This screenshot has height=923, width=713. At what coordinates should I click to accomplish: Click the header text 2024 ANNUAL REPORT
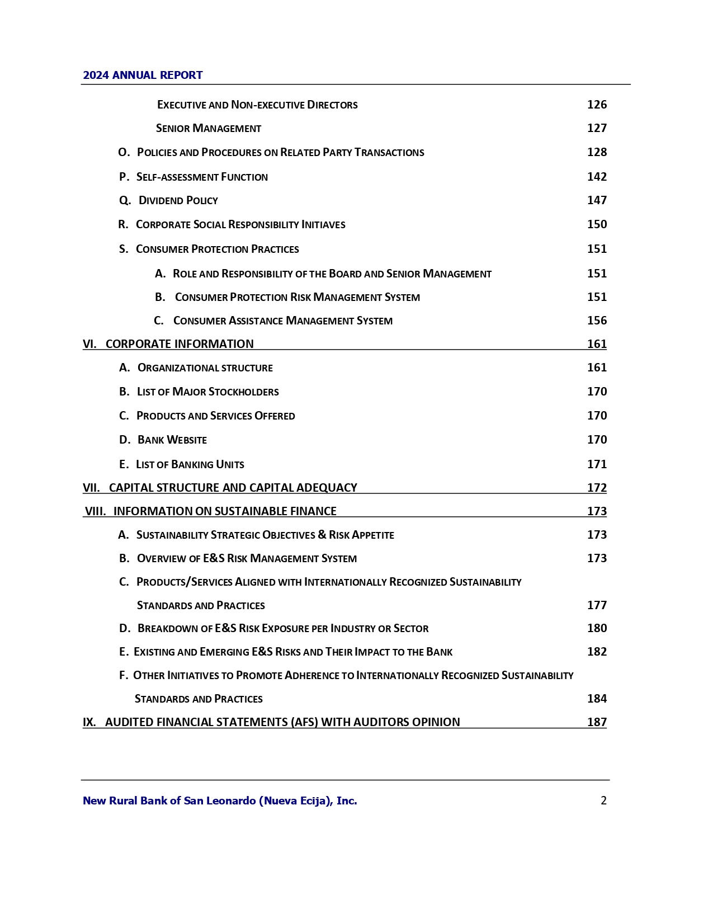143,76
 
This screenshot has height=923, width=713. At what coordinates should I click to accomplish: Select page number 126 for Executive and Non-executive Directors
597,105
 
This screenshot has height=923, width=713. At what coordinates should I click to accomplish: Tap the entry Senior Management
209,129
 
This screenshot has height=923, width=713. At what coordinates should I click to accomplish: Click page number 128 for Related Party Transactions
597,152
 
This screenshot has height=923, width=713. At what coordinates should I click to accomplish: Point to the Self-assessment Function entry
202,177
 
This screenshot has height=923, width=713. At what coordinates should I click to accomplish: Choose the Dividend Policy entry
178,201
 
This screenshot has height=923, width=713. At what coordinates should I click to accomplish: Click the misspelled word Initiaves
323,225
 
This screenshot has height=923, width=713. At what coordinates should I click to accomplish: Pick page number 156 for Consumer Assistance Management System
597,321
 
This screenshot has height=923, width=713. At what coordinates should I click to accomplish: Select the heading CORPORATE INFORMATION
180,344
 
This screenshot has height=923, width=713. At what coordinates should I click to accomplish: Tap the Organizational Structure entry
205,368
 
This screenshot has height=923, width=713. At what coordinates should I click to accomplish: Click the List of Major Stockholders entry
207,392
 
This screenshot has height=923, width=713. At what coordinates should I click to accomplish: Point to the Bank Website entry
172,440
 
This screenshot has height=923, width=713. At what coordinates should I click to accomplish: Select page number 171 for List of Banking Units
597,464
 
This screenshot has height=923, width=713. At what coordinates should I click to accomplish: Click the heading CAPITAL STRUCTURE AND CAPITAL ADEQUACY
233,488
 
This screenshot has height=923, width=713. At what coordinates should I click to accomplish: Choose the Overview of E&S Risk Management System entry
247,559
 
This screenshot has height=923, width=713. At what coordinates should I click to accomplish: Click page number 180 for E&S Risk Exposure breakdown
597,628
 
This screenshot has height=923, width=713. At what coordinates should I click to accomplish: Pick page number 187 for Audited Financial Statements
597,722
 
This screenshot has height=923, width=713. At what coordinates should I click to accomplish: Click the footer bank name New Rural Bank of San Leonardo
220,801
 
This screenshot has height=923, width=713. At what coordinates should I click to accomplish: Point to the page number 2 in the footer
603,801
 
